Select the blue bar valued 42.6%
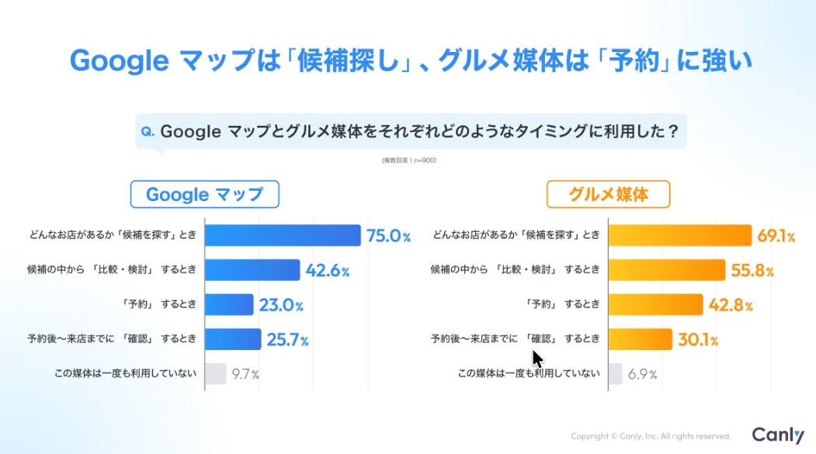point(252,270)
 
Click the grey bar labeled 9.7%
point(216,374)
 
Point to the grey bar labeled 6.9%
point(615,374)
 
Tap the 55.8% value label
point(752,271)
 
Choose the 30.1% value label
point(696,340)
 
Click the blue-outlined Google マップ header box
point(204,194)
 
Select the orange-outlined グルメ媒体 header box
point(608,194)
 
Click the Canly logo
point(778,435)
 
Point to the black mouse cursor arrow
point(537,359)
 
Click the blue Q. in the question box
point(148,132)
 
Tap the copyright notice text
point(651,436)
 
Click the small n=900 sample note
point(408,161)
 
